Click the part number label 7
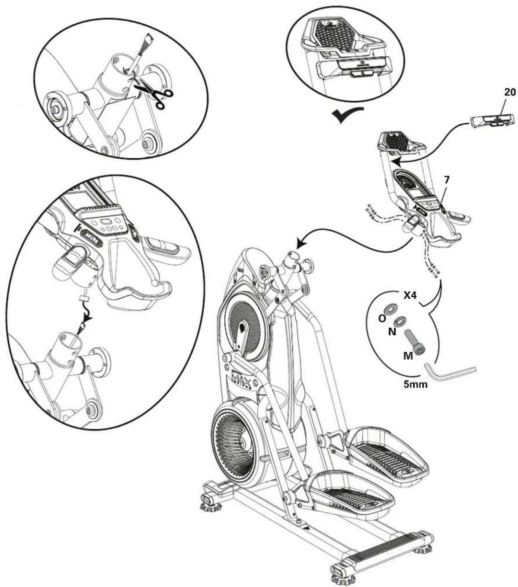446,179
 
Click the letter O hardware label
382,318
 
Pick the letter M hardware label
406,355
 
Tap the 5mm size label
416,383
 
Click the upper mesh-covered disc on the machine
245,325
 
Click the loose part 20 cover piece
492,120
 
